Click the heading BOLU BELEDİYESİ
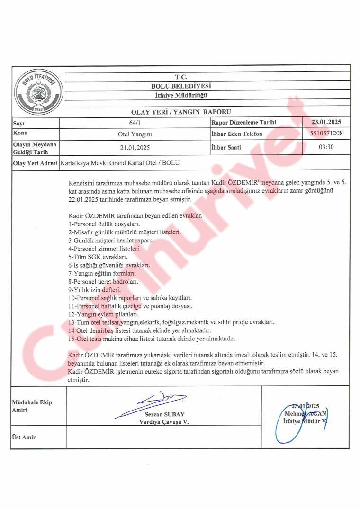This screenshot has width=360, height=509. [x=181, y=86]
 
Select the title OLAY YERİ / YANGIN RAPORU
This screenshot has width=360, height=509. [x=181, y=112]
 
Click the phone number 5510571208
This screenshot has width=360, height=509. [x=326, y=134]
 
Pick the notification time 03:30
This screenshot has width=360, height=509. [x=326, y=147]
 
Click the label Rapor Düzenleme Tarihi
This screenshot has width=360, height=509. [x=243, y=122]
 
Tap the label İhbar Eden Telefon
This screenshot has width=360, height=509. [x=236, y=134]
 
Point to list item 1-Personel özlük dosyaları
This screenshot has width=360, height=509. [x=105, y=223]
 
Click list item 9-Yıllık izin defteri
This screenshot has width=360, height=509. [x=94, y=289]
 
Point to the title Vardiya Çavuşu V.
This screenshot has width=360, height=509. [x=164, y=421]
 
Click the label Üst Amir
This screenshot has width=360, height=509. [x=24, y=438]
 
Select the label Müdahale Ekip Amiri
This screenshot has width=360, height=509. [x=32, y=406]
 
